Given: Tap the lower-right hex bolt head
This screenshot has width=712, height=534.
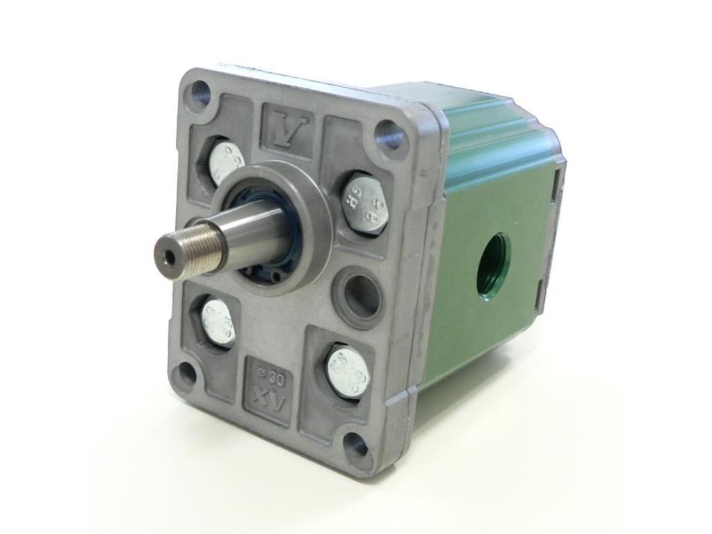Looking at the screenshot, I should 348,371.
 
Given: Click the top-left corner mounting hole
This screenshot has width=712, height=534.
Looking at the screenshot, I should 200,91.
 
